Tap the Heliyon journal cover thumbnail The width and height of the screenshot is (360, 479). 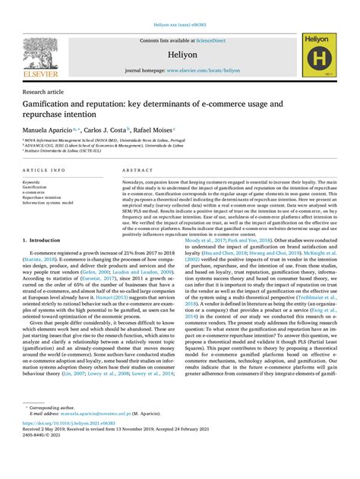319,56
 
